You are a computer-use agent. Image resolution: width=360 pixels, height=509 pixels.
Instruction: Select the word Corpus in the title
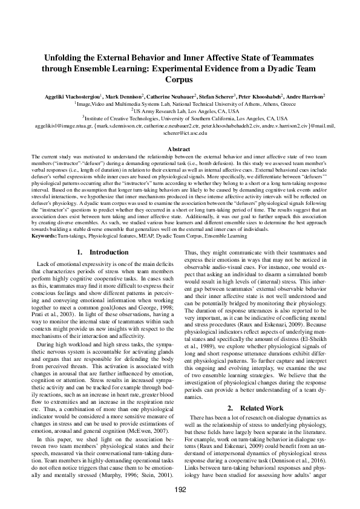click(x=180, y=79)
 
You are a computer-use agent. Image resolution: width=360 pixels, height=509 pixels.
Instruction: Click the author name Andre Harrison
click(x=306, y=96)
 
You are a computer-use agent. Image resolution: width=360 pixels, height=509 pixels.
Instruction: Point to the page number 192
click(x=180, y=489)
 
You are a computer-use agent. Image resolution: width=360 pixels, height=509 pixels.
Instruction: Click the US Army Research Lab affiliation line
click(x=180, y=111)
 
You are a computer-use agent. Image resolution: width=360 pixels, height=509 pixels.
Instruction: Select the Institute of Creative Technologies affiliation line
click(x=180, y=118)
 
